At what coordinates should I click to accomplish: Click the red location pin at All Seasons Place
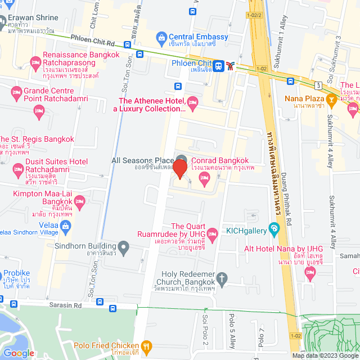[179, 168]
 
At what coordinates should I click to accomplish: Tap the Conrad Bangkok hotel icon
[204, 179]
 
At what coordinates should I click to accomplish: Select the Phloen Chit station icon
[231, 66]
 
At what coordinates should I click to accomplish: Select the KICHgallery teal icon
[274, 229]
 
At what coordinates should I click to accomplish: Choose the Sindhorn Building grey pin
[123, 246]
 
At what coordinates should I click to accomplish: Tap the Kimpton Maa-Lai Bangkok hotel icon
[79, 201]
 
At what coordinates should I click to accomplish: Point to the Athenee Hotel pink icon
[192, 101]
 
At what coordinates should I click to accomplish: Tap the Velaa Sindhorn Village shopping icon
[66, 226]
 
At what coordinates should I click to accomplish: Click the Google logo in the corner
[19, 353]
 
